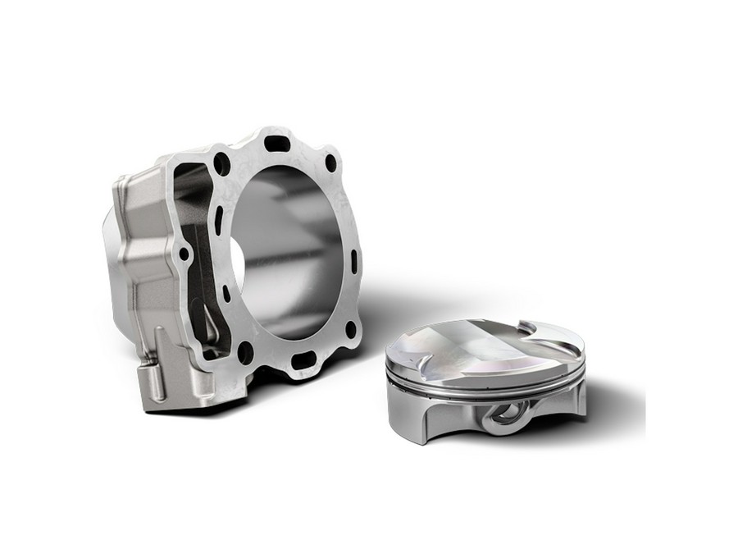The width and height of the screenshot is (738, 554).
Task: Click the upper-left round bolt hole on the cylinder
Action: point(221,164)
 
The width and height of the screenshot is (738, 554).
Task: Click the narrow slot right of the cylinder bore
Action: point(353,262)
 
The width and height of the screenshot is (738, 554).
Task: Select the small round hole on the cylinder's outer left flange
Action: point(184,254)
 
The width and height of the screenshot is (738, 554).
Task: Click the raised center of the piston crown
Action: point(484,345)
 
